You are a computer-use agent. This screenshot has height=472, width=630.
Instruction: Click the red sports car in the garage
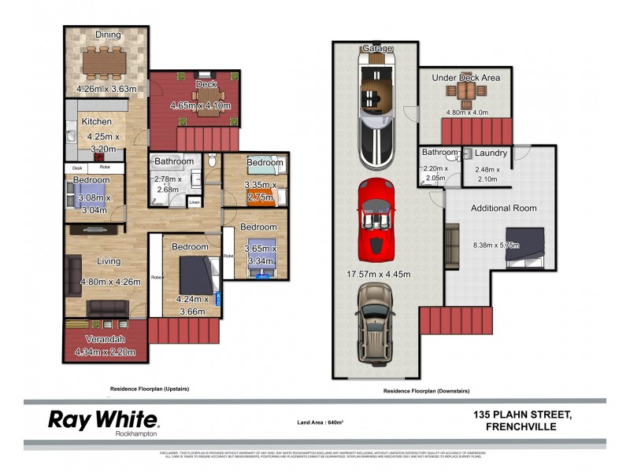(375, 220)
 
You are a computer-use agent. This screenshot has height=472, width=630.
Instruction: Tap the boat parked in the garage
(376, 107)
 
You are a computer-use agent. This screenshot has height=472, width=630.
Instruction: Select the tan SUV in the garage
(376, 323)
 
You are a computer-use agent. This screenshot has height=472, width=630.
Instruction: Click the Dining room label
(108, 35)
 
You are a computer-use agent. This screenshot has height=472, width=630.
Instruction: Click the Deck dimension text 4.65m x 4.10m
(200, 105)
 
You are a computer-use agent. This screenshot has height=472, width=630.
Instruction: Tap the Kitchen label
(96, 122)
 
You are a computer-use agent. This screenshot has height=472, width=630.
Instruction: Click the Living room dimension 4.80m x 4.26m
(109, 282)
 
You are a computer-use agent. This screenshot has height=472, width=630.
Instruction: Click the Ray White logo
(103, 419)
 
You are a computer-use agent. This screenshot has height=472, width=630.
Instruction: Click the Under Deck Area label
(465, 78)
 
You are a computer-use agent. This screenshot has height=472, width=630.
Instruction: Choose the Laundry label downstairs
(491, 153)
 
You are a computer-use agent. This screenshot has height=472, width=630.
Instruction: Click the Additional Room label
(503, 208)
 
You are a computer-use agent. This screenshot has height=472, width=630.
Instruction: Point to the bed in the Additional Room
(530, 244)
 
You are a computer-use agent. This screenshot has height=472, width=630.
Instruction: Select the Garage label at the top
(376, 48)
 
